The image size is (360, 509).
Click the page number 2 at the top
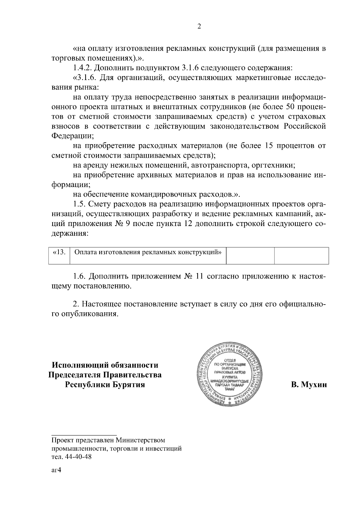pos(199,26)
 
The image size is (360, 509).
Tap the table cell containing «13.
pos(59,252)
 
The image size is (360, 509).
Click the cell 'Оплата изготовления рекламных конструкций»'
pos(148,252)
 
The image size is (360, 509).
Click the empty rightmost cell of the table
pos(301,255)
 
